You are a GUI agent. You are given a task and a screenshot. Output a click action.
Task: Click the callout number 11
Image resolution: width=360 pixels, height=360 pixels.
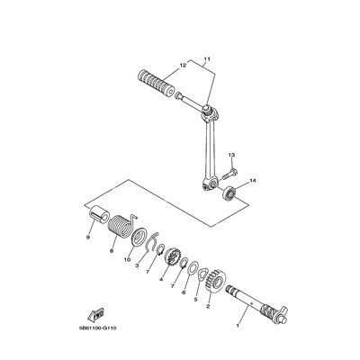pos(207,58)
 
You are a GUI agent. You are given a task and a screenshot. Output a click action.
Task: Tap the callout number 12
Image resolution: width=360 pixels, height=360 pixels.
pos(183,65)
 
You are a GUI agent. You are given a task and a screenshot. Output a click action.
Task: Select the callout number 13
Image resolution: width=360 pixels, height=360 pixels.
pos(231,155)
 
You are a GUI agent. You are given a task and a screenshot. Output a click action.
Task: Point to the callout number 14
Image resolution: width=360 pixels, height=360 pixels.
pos(253,181)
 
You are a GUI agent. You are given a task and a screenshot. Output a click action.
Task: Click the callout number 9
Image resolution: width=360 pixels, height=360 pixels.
pos(88,237)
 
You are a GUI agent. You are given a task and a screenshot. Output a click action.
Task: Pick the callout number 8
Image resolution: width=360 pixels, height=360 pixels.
pos(112,250)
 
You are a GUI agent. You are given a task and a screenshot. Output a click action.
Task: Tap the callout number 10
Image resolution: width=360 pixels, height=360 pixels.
pos(127,259)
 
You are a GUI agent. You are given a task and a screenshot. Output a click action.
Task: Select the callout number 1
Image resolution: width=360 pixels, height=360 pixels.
pos(238,325)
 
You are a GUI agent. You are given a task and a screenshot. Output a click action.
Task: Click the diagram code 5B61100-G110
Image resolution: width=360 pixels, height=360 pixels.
pos(97,328)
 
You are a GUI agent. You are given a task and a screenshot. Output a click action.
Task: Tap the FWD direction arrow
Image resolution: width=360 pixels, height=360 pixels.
pos(95,315)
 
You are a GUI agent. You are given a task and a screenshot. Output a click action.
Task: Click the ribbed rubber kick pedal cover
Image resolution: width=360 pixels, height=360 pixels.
pos(157,84)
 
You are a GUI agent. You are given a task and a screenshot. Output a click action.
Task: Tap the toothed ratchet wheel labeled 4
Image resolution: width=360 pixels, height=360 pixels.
pos(173,257)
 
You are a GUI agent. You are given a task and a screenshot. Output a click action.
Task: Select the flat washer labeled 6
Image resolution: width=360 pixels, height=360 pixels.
pos(193,266)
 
